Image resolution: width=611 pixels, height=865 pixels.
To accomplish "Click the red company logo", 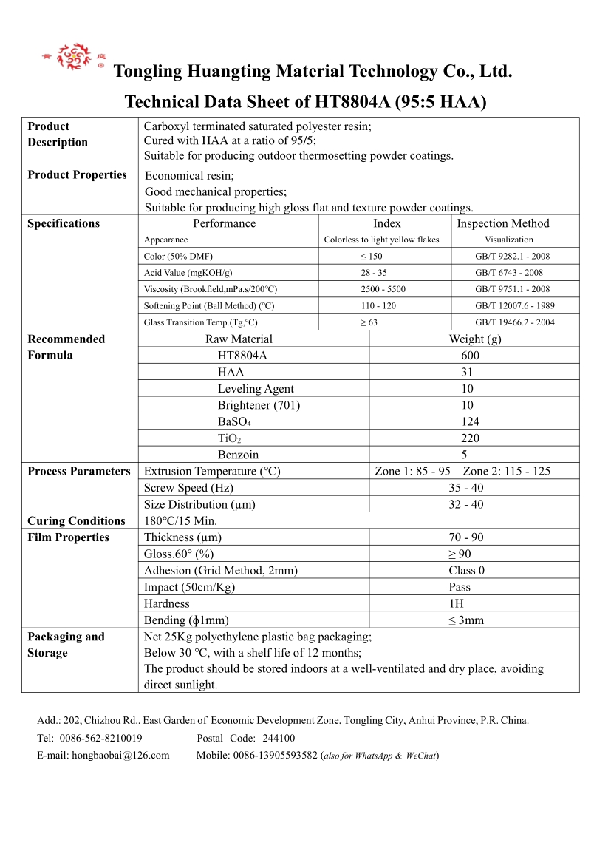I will pyautogui.click(x=74, y=57).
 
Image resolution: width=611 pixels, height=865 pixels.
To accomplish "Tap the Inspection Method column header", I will pyautogui.click(x=502, y=223).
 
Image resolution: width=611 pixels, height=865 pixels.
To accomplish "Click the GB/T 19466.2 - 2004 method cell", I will pyautogui.click(x=514, y=322).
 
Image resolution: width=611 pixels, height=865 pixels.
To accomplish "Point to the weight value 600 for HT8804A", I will pyautogui.click(x=470, y=356).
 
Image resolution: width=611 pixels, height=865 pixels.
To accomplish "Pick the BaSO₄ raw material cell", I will pyautogui.click(x=234, y=421).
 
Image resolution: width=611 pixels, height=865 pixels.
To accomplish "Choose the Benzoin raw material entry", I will pyautogui.click(x=238, y=455).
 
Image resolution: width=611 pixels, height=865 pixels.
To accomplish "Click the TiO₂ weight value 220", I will pyautogui.click(x=470, y=438).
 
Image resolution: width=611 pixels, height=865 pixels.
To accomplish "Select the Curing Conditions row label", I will pyautogui.click(x=76, y=521).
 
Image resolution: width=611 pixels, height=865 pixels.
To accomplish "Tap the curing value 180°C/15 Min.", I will pyautogui.click(x=180, y=521).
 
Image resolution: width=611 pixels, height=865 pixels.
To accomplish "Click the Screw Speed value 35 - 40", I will pyautogui.click(x=466, y=488).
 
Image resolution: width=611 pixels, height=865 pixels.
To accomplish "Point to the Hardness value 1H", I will pyautogui.click(x=457, y=604).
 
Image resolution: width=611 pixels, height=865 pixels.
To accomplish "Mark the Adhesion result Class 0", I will pyautogui.click(x=466, y=571).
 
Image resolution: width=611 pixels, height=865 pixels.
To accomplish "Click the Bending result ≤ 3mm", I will pyautogui.click(x=465, y=620).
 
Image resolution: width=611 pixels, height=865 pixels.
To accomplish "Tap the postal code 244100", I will pyautogui.click(x=279, y=738).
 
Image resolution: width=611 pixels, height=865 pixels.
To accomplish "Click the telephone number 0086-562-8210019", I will pyautogui.click(x=100, y=738).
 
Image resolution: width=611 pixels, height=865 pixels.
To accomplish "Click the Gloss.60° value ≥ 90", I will pyautogui.click(x=460, y=554).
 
